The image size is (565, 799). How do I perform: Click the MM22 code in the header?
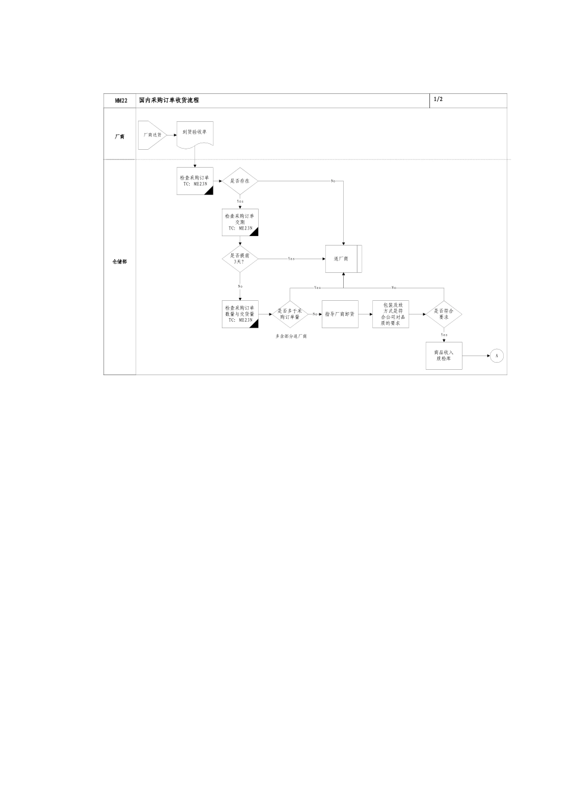pos(121,101)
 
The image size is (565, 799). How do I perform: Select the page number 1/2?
pos(438,99)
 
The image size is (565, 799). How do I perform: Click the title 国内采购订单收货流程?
pos(169,100)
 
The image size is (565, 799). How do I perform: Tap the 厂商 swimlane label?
pos(120,137)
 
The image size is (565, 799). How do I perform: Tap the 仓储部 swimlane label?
pos(120,262)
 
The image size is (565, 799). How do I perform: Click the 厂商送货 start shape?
pos(151,135)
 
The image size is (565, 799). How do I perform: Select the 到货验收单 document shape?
pos(194,134)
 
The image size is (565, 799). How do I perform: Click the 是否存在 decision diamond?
pos(240,180)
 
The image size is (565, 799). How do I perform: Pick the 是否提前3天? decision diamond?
pos(240,259)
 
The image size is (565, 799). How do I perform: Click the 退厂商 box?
pos(343,259)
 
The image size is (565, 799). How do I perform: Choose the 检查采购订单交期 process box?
pos(240,223)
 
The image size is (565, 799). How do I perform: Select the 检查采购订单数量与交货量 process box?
pos(240,314)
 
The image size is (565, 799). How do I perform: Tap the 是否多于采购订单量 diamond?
pos(290,314)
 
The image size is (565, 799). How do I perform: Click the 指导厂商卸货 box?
pos(340,314)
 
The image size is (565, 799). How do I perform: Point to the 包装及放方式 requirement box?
pos(390,314)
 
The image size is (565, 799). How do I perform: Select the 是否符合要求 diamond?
pos(444,314)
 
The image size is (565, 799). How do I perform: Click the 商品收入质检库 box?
pos(444,356)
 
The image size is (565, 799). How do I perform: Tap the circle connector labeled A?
pos(497,356)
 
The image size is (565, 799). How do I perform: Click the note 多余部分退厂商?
pos(291,336)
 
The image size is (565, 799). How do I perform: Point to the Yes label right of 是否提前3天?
pos(291,259)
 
